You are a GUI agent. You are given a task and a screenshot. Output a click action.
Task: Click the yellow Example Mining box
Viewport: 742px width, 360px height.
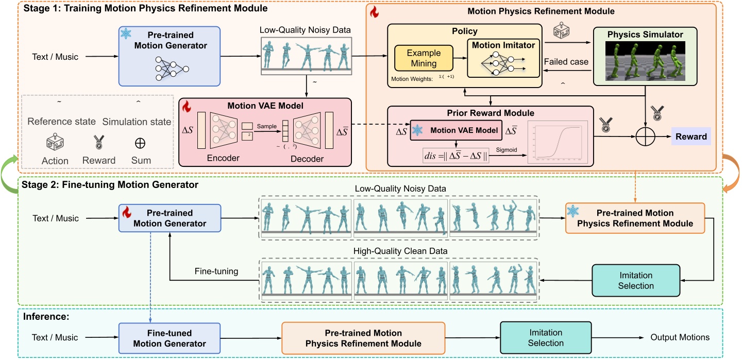click(x=424, y=58)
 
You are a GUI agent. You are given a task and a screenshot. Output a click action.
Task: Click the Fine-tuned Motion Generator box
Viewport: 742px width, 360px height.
click(x=170, y=338)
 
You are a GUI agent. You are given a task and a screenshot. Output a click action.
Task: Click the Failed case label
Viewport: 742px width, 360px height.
click(x=567, y=62)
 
